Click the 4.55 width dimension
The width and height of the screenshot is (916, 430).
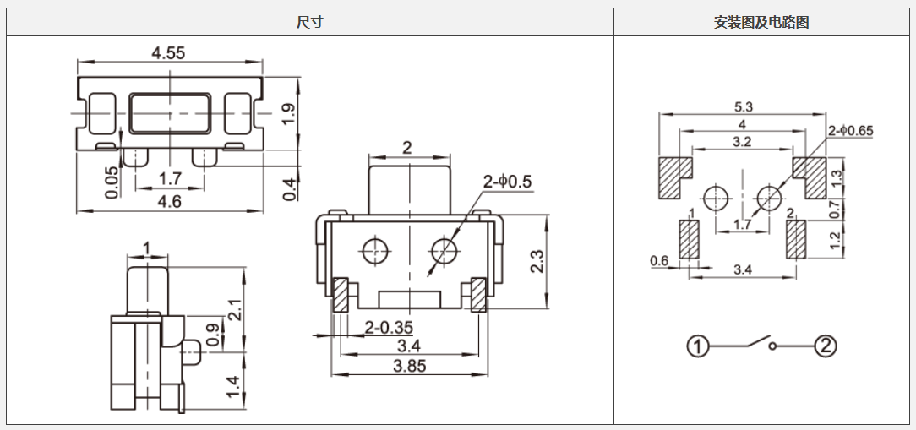[x=168, y=52]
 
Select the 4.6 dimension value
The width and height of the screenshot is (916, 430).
[x=169, y=201]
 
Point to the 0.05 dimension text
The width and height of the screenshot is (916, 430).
[x=112, y=182]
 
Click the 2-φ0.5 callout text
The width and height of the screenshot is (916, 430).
[x=507, y=182]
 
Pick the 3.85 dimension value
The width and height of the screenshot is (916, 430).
[x=410, y=366]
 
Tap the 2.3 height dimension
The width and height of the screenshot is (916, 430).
[x=537, y=259]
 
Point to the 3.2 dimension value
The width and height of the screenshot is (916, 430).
[x=742, y=141]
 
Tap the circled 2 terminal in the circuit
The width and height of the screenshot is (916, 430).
[x=825, y=346]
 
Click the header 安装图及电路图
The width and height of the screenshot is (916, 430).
[x=761, y=23]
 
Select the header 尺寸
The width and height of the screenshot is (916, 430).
[x=309, y=23]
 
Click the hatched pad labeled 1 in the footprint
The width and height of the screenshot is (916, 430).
[x=690, y=239]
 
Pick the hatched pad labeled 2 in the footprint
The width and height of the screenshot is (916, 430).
[x=794, y=239]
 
